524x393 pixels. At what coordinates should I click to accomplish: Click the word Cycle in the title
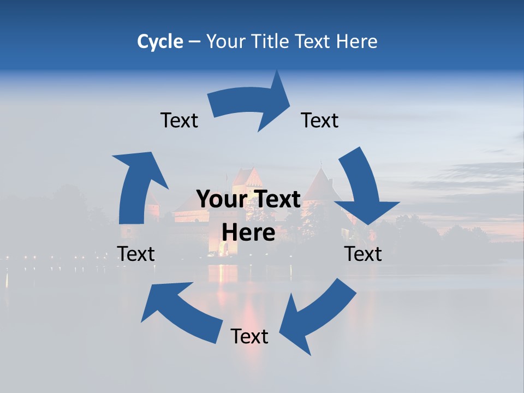click(x=160, y=41)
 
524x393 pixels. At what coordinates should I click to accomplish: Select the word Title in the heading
click(x=270, y=41)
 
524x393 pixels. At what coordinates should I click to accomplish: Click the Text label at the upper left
click(x=179, y=120)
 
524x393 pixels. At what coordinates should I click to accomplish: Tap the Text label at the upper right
click(x=320, y=120)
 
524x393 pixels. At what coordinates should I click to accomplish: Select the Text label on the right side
click(x=363, y=254)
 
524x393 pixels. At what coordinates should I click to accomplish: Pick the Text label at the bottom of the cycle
click(x=249, y=336)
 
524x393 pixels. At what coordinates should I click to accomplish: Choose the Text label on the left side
click(x=136, y=254)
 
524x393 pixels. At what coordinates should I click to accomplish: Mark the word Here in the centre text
click(x=248, y=233)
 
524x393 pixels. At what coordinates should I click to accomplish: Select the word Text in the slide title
click(x=313, y=41)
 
